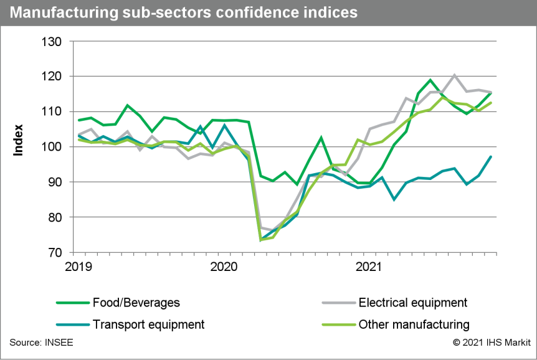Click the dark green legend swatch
(73, 303)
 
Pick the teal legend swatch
(73, 324)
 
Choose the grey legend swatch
(339, 303)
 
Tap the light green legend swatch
(339, 324)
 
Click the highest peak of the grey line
(455, 75)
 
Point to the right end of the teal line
(492, 156)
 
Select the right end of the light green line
(492, 102)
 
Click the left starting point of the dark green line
(78, 120)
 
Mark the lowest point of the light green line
(260, 240)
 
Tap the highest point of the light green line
(443, 97)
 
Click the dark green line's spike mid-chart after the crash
(321, 138)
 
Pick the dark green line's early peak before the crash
(127, 105)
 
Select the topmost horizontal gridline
(285, 42)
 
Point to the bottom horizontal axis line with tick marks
(285, 253)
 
